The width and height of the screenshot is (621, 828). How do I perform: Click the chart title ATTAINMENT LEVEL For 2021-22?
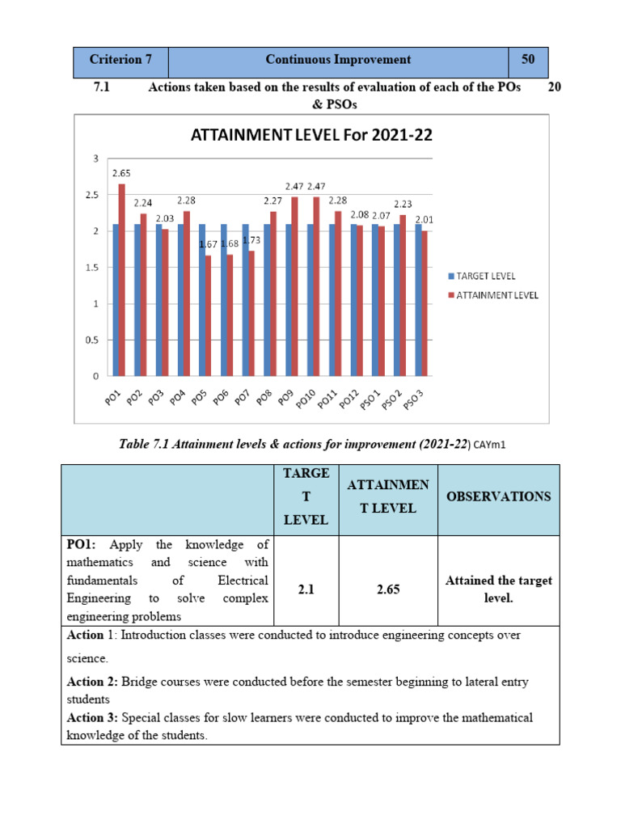point(311,136)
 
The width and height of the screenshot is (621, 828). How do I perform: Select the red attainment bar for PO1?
point(122,280)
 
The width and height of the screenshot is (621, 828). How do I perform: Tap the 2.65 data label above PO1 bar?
point(121,173)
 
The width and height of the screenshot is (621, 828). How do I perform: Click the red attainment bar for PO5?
point(209,315)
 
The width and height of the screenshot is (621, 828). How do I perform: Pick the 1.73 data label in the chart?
point(251,240)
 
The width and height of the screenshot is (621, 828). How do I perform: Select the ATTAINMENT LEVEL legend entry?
point(496,295)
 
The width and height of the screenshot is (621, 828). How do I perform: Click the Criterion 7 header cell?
point(120,60)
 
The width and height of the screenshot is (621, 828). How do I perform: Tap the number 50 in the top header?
point(528,60)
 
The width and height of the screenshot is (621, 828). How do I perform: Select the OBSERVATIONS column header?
point(498,496)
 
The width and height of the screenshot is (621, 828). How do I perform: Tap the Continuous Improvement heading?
point(338,60)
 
